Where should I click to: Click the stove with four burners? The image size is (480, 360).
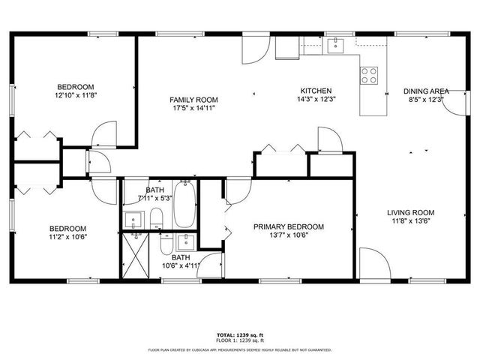pos(369,74)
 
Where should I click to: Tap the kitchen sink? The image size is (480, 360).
pos(335,43)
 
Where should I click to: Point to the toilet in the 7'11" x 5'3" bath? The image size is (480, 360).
pos(156,218)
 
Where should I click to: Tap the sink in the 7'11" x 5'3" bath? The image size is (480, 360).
pos(133,220)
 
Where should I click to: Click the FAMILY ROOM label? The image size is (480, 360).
pos(193,100)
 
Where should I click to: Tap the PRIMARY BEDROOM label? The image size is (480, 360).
pos(288,226)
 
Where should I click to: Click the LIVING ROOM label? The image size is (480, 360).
pos(410,212)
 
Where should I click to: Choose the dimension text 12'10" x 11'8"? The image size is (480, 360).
pos(76,96)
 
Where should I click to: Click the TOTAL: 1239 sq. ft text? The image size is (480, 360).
pos(240,336)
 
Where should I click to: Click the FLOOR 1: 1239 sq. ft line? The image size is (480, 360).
pos(240,342)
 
